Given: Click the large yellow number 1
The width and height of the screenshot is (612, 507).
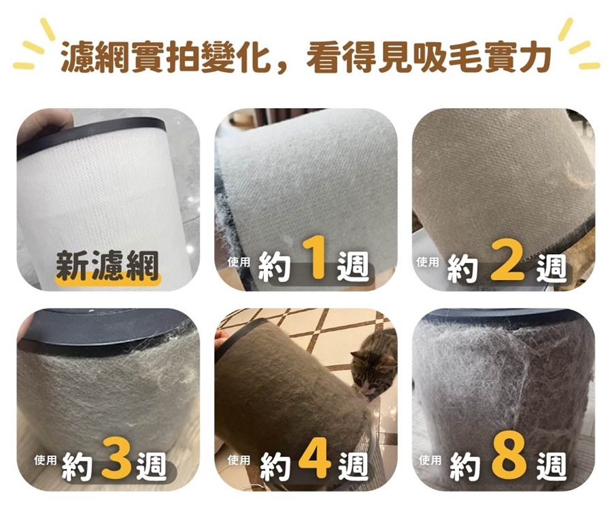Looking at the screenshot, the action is point(315,258).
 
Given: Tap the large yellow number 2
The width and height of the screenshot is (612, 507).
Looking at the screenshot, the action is point(507,260).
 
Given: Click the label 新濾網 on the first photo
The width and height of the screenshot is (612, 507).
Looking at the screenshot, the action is point(107,265).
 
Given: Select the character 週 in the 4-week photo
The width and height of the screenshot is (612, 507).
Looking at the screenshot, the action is point(353,466).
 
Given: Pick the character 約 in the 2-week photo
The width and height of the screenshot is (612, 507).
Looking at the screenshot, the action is point(463,268).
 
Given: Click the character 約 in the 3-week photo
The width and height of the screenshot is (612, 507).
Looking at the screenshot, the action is point(77,466).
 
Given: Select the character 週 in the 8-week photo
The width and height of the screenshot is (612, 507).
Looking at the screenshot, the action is point(551,466).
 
